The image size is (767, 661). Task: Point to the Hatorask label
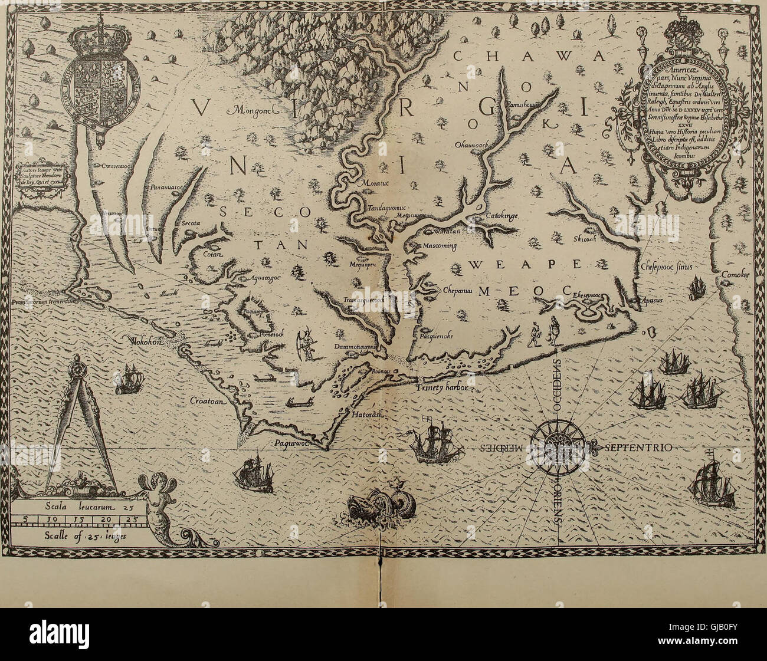pos(368,415)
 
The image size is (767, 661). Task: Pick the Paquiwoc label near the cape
pos(294,442)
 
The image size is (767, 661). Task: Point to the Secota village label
pos(188,224)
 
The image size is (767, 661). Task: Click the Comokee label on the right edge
pos(734,275)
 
